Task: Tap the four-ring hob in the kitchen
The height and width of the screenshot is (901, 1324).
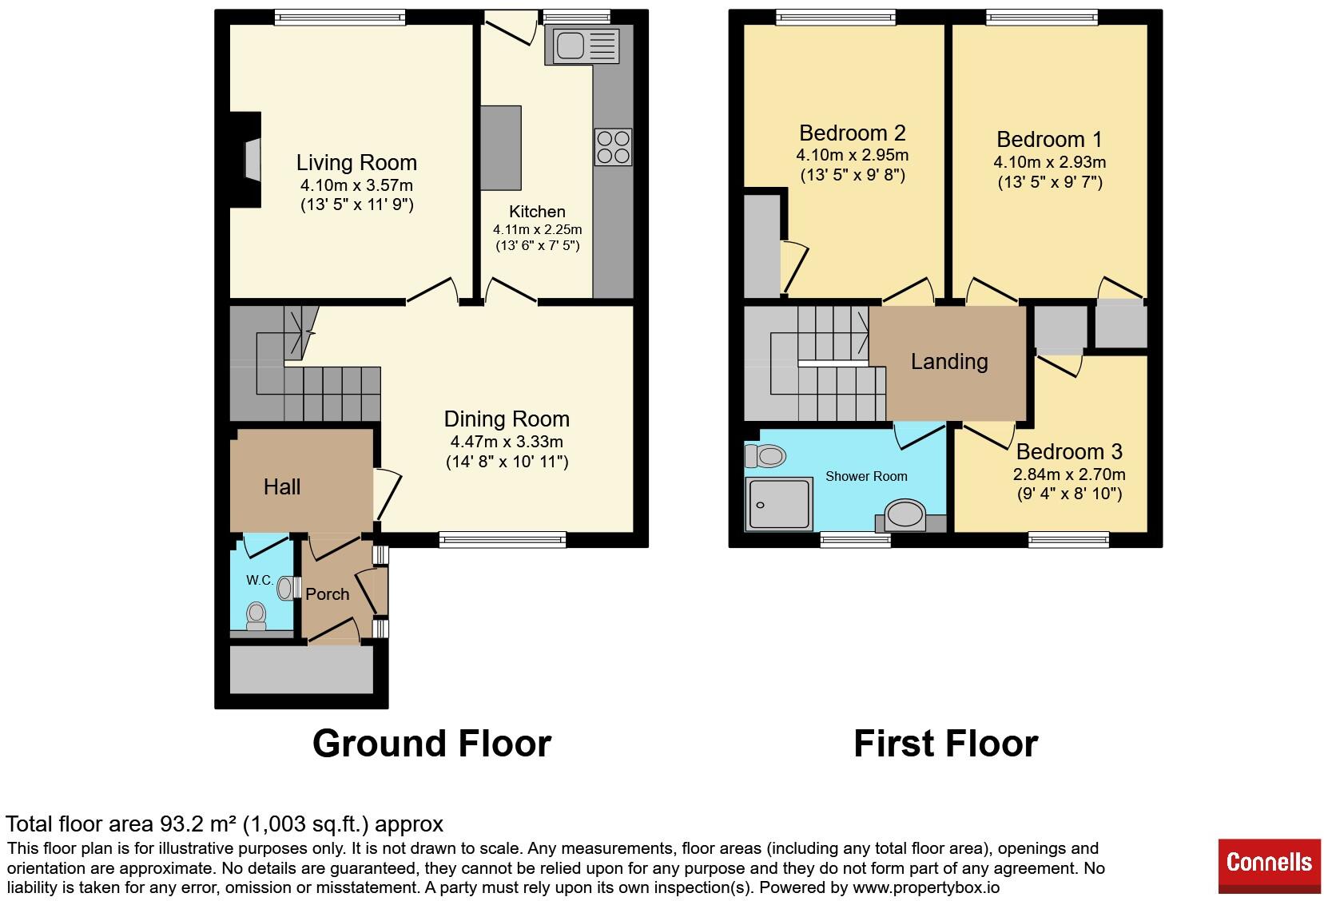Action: pos(613,147)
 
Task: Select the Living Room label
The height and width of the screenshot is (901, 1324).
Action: pos(356,163)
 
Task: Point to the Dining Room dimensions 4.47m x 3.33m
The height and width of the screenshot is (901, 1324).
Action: pos(507,442)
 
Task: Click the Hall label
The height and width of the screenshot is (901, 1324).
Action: pos(282,487)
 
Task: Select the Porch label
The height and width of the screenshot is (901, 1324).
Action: pos(328,594)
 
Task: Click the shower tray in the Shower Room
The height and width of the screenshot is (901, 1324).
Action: pos(779,504)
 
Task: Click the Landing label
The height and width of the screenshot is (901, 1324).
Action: pos(949,362)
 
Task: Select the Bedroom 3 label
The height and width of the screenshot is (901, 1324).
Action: pos(1069,452)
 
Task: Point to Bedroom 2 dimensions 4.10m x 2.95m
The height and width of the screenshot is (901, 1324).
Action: pos(852,155)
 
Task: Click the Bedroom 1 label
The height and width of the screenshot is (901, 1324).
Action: pos(1049,140)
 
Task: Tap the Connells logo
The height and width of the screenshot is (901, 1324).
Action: pos(1269,863)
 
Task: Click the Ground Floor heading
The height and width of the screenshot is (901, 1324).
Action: pos(431,744)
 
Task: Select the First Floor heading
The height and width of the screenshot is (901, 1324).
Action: pos(945,744)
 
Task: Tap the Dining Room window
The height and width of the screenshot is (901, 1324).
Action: pos(503,541)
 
